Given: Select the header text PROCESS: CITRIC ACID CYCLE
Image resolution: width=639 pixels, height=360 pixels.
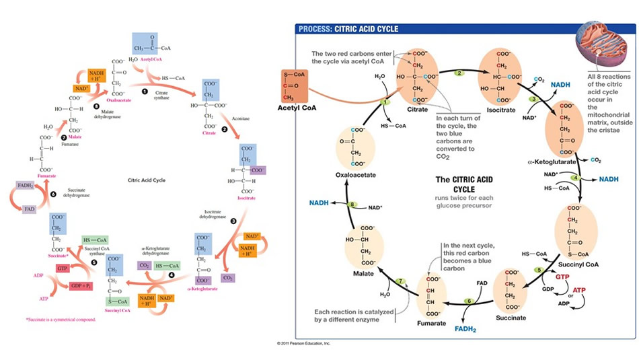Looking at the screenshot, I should [349, 29].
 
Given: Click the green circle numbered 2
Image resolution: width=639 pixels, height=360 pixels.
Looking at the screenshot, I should [460, 73].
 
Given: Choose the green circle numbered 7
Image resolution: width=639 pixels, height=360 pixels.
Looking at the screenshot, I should [400, 281].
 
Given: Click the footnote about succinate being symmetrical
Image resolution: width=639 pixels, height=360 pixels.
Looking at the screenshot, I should [61, 320].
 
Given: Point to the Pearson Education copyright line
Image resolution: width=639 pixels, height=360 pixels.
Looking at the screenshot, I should [303, 343].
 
